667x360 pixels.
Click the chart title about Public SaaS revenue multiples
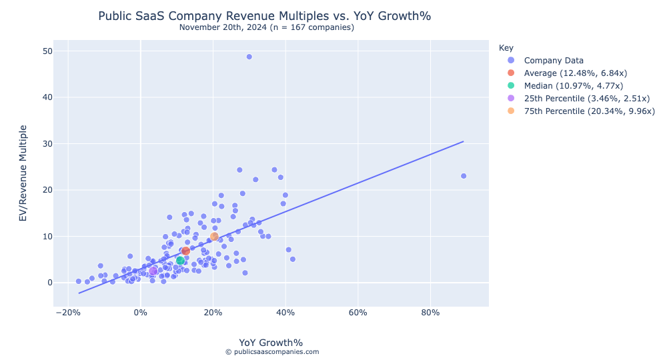269,15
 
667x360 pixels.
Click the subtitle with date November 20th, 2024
267,27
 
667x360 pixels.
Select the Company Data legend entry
554,61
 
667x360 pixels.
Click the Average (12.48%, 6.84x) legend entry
576,73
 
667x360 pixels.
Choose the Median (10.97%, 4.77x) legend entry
574,85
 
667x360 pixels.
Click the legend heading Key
506,48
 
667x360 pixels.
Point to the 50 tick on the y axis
47,51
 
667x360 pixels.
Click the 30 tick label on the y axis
47,144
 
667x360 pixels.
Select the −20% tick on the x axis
67,312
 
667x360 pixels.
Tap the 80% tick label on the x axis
431,312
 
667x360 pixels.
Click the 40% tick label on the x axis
285,312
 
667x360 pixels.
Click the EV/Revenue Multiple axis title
23,173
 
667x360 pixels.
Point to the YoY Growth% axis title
271,343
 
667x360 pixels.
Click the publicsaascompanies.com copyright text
271,352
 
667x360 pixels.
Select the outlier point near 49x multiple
249,57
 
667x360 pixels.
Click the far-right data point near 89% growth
464,176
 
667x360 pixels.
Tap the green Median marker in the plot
180,261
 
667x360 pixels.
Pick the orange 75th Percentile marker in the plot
214,237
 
